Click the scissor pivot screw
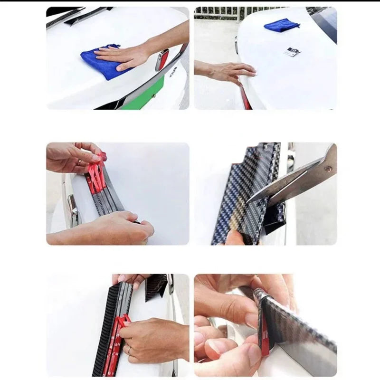tap(327, 168)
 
